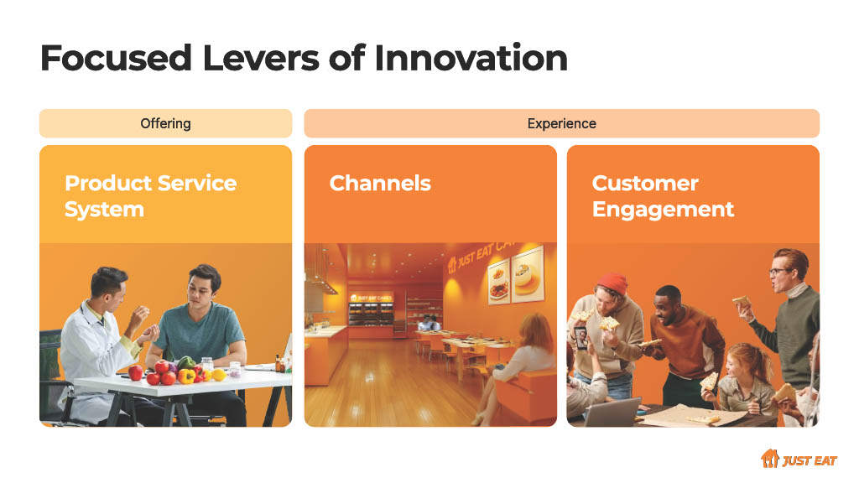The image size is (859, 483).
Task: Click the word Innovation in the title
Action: click(x=471, y=58)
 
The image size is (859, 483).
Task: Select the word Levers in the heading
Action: click(x=261, y=58)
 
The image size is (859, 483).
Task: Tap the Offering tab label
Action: click(x=165, y=124)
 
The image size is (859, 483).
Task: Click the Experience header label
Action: click(x=561, y=124)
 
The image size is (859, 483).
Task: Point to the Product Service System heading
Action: click(x=151, y=196)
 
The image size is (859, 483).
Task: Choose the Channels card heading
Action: click(x=380, y=183)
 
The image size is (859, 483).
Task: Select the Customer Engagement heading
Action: click(x=663, y=196)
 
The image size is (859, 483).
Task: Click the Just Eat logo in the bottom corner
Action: click(x=799, y=459)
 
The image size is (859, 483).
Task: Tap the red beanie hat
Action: click(x=612, y=284)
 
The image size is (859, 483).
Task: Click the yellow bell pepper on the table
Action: click(x=186, y=377)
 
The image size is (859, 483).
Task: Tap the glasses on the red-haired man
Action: click(x=779, y=272)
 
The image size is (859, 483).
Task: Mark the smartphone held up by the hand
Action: click(x=581, y=337)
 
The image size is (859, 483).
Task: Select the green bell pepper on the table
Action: click(x=186, y=362)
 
